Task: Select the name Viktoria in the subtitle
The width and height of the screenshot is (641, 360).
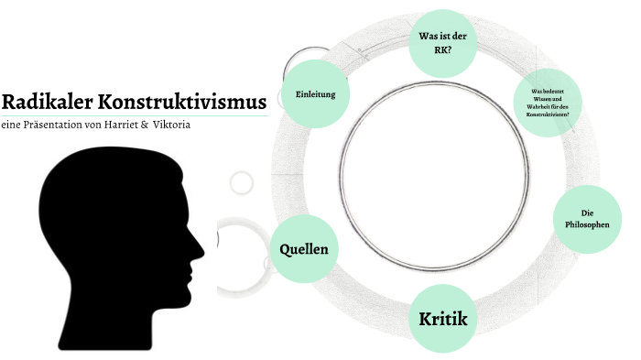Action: point(172,125)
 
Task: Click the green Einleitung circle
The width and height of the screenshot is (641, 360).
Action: point(315,94)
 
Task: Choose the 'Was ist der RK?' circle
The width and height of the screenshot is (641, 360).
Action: point(443,44)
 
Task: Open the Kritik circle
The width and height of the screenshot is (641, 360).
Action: point(442,319)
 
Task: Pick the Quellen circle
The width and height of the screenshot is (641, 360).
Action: point(304,249)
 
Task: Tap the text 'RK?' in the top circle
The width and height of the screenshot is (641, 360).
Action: point(443,51)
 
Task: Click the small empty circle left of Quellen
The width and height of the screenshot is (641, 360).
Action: point(241,182)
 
